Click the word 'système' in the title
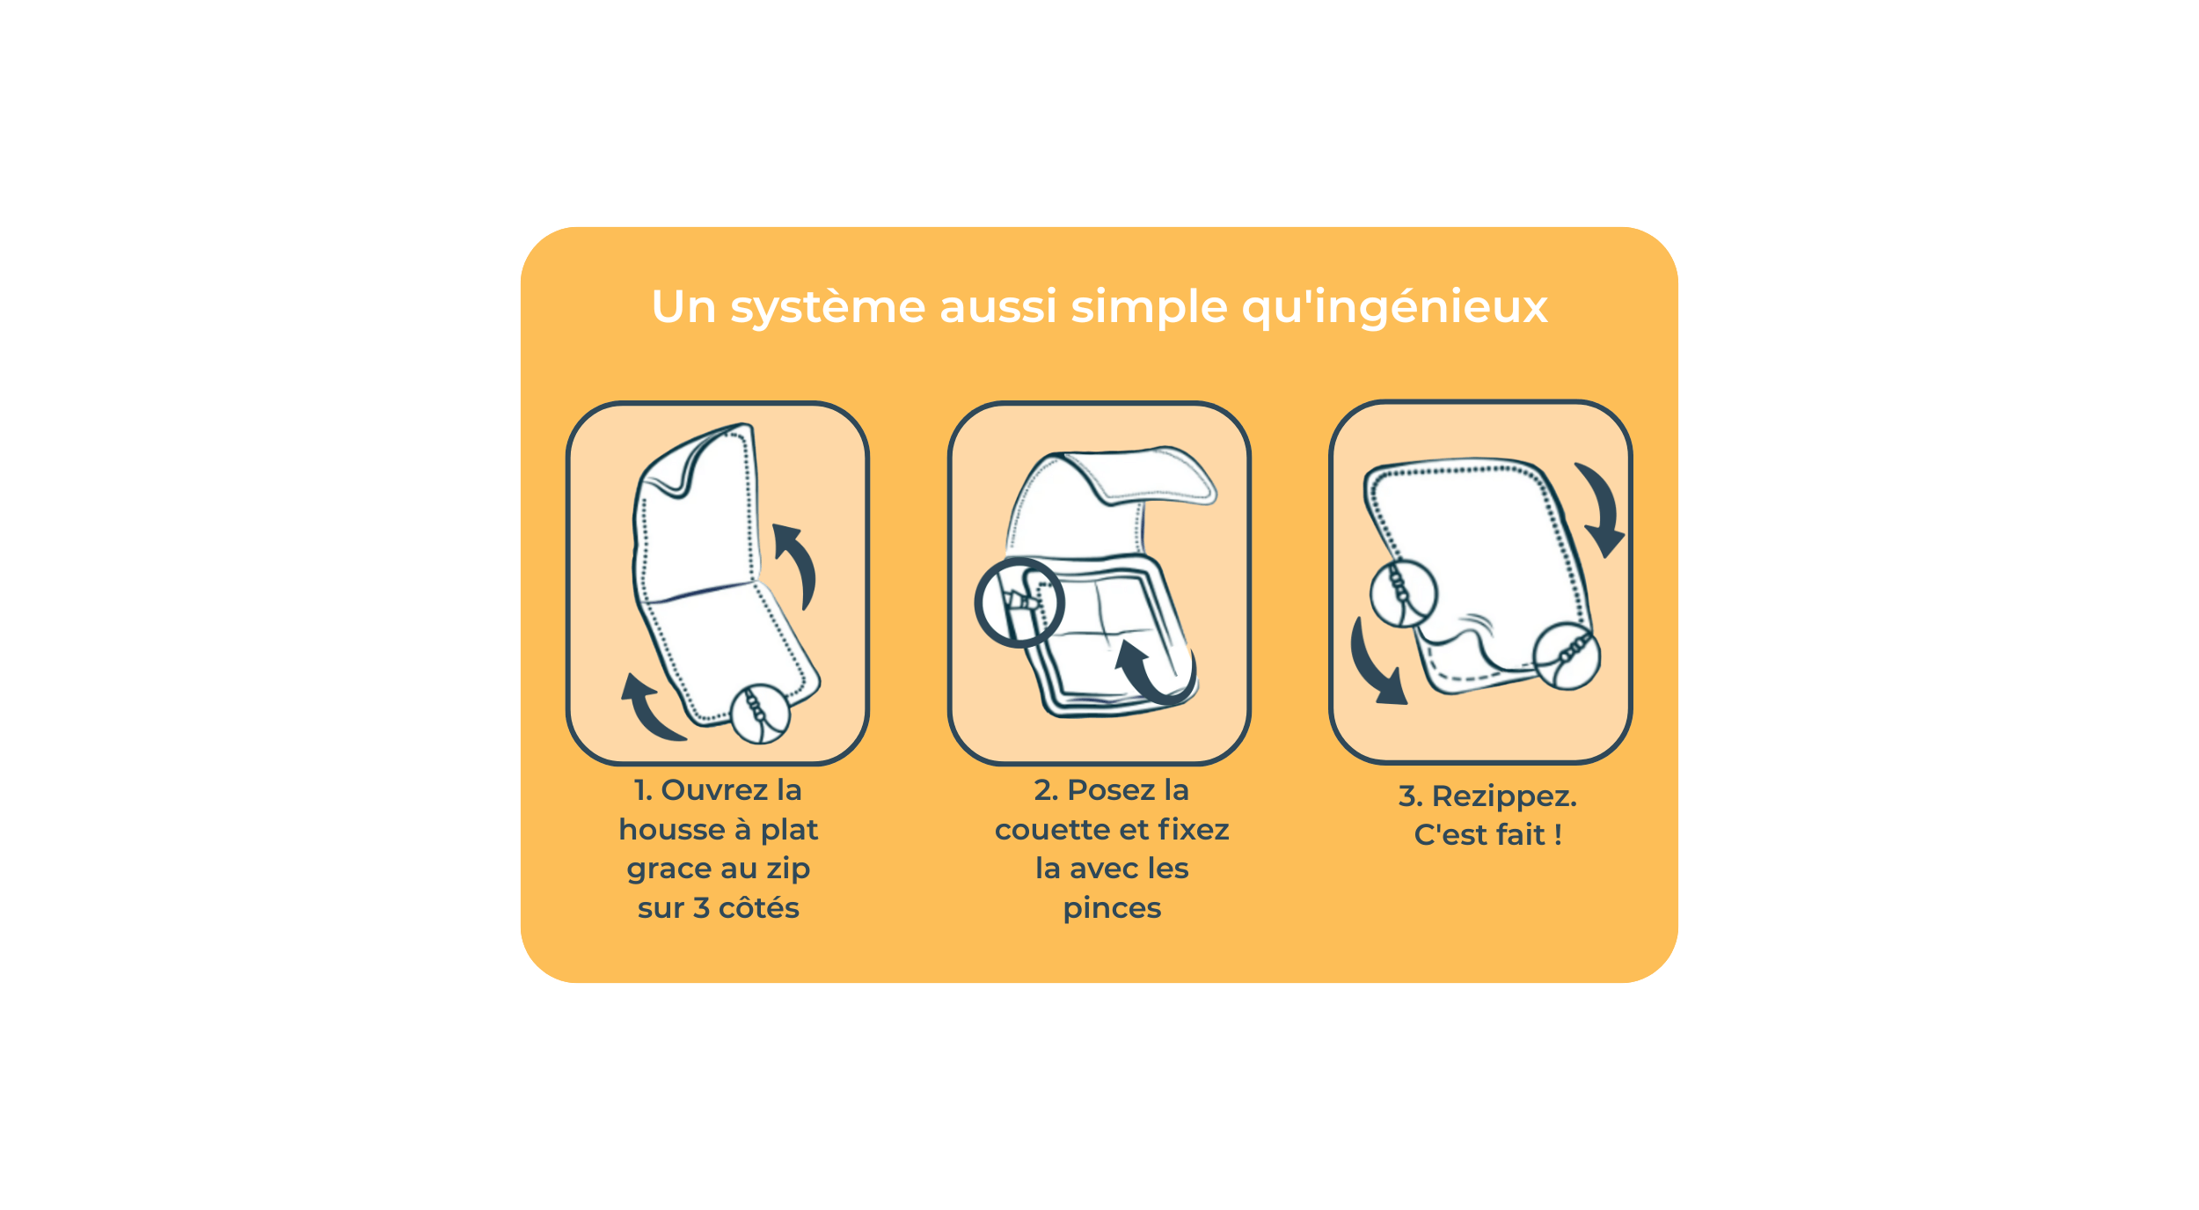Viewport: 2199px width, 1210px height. click(828, 308)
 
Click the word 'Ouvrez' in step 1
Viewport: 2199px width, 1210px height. click(714, 789)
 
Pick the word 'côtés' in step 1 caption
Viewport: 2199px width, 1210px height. click(759, 907)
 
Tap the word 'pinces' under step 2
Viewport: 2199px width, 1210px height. click(1112, 908)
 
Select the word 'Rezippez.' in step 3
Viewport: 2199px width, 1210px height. click(1504, 796)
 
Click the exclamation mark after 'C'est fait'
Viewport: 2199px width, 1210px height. click(1558, 834)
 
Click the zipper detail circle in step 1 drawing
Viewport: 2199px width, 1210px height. click(760, 714)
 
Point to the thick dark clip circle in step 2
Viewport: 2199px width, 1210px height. click(1019, 603)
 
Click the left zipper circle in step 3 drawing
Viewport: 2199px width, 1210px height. click(1404, 593)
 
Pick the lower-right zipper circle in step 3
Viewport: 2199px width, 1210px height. click(1567, 656)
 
